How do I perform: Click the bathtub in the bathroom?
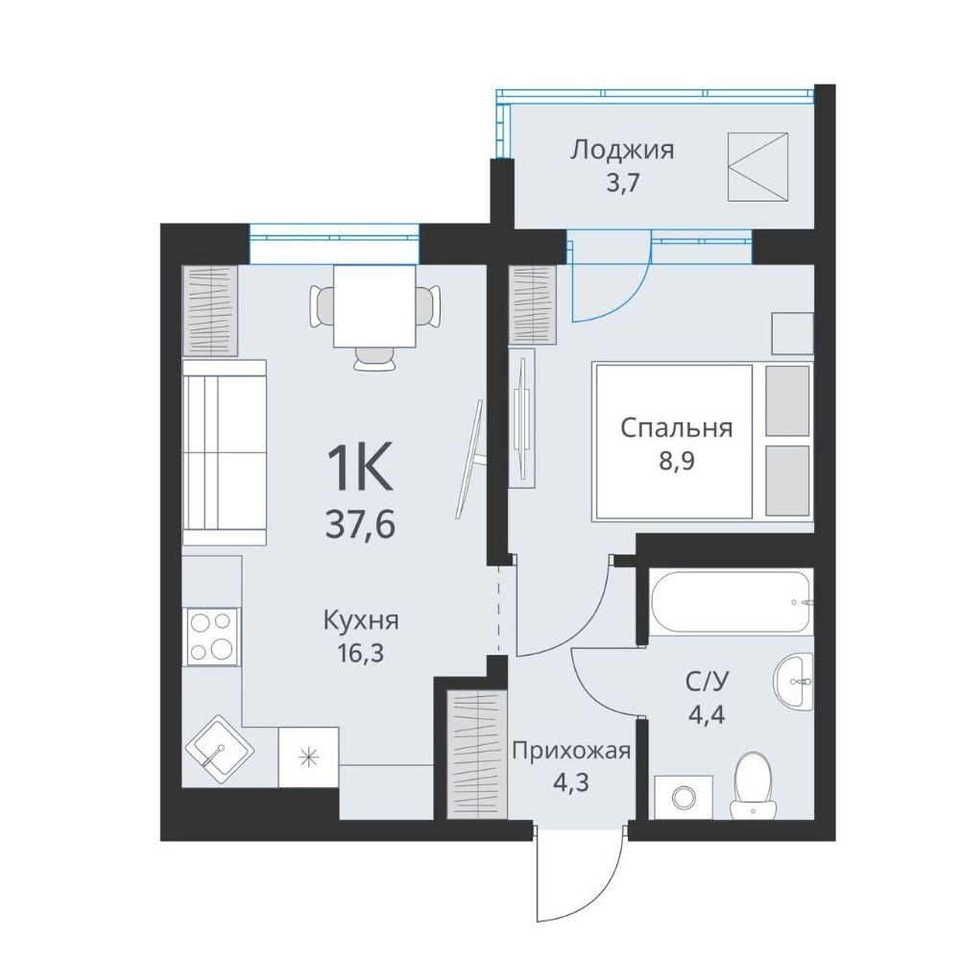[731, 602]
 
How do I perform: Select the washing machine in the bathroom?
[684, 797]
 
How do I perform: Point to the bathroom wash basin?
[794, 681]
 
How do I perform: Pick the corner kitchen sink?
[220, 748]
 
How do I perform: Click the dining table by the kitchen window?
[374, 306]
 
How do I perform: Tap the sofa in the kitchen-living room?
[224, 452]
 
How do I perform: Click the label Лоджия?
[622, 150]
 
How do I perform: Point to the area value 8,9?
[676, 460]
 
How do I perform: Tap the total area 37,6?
[360, 525]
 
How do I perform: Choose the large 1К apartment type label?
[360, 468]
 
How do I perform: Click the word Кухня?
[361, 621]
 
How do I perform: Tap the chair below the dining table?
[374, 359]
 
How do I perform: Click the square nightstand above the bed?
[792, 333]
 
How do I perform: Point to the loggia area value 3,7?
[622, 183]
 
